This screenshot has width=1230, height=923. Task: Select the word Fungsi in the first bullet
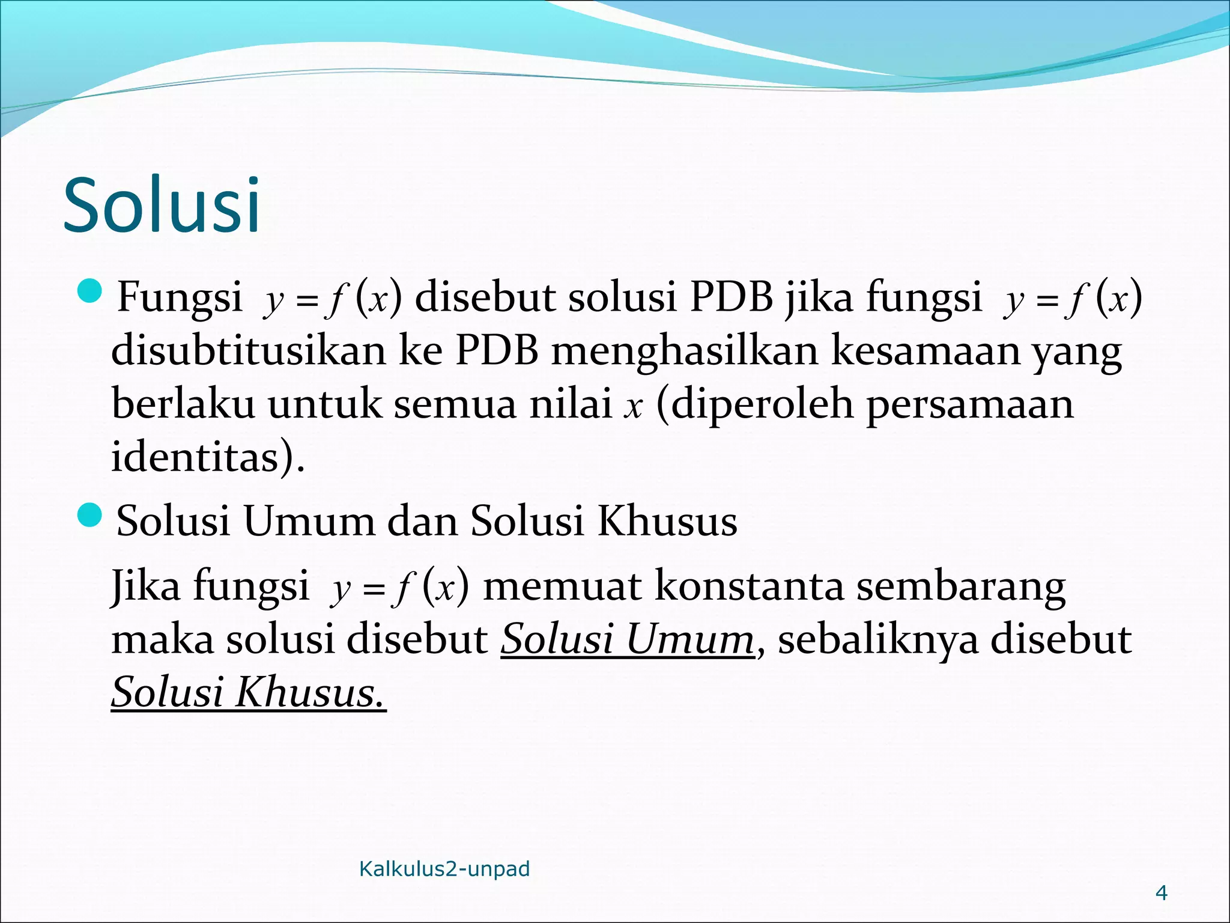[179, 297]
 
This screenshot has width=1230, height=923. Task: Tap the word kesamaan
[925, 350]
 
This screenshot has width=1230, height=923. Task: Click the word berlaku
[183, 403]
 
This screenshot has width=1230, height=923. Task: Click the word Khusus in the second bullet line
[667, 521]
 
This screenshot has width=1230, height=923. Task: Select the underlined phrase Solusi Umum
[627, 639]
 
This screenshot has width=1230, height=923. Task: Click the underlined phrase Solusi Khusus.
[247, 692]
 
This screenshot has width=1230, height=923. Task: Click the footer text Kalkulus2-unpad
[444, 869]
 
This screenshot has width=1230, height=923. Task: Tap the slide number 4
[1161, 893]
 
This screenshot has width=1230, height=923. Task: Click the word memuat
[562, 585]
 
